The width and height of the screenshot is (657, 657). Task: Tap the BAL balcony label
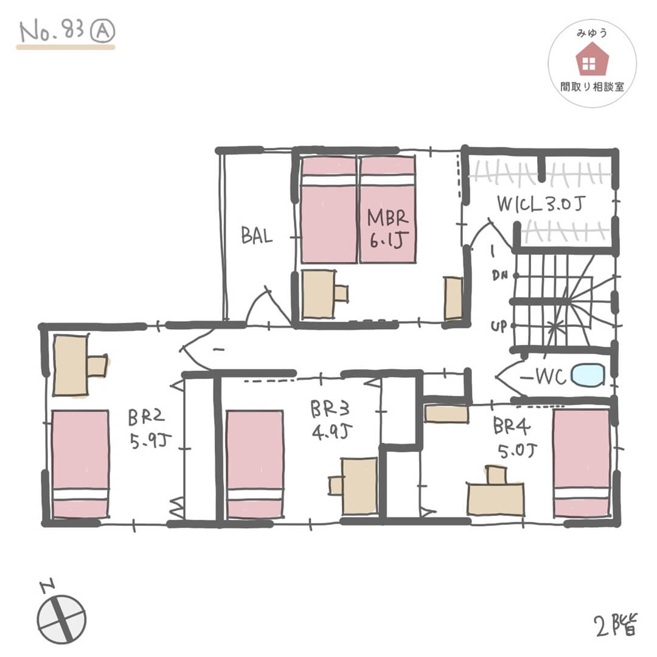coord(257,235)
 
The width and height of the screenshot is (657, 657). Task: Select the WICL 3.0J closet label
coord(541,204)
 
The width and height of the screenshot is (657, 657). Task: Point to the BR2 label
coord(143,428)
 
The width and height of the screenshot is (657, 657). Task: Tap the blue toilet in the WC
coord(588,375)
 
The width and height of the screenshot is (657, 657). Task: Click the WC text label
coord(552,377)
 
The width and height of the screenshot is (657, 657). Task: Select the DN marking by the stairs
coord(499,276)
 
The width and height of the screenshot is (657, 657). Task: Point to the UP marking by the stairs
coord(499,327)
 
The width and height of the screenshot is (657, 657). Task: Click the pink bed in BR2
coord(80,464)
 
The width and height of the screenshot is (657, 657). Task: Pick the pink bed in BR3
coord(254,464)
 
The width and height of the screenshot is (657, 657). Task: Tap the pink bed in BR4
coord(582,462)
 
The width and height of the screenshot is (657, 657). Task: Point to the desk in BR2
coord(72,365)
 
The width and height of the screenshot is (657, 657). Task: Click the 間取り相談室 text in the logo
coord(592,87)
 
